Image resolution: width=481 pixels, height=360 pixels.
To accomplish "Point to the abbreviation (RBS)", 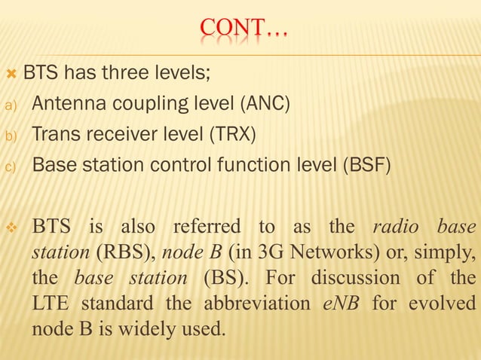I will pyautogui.click(x=104, y=252).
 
